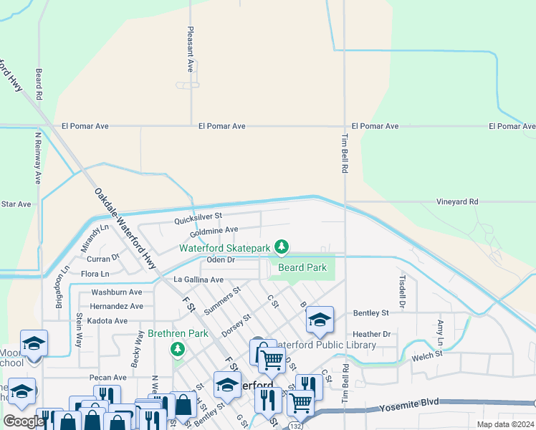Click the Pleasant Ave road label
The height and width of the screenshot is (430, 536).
(x=191, y=51)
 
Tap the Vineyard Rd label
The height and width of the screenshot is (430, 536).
(x=456, y=203)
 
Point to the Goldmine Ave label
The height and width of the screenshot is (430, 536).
(x=214, y=231)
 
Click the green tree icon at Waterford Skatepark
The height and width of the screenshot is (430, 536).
(x=282, y=248)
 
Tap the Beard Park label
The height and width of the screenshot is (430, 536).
(x=302, y=267)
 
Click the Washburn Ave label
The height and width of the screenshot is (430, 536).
(x=117, y=292)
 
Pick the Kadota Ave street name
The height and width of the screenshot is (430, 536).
(x=106, y=320)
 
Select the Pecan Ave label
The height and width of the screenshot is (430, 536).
(x=108, y=378)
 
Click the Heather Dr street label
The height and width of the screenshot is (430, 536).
(x=371, y=334)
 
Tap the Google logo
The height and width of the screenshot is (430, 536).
(x=24, y=421)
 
